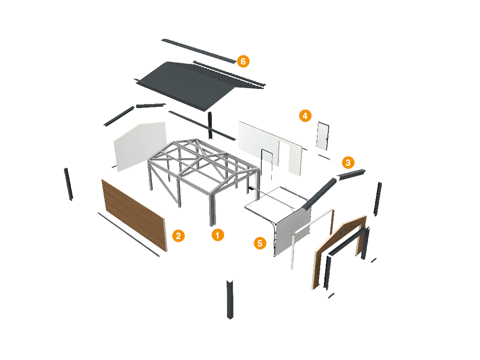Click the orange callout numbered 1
[217, 235]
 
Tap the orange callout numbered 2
[178, 236]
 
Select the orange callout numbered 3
[347, 163]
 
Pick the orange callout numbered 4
[305, 116]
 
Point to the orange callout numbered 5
[260, 243]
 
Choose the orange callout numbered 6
[243, 61]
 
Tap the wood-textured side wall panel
[134, 213]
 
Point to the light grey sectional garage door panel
[292, 232]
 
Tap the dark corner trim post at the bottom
[230, 299]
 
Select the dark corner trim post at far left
[68, 183]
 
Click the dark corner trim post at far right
[377, 199]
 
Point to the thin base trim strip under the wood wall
[128, 234]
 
